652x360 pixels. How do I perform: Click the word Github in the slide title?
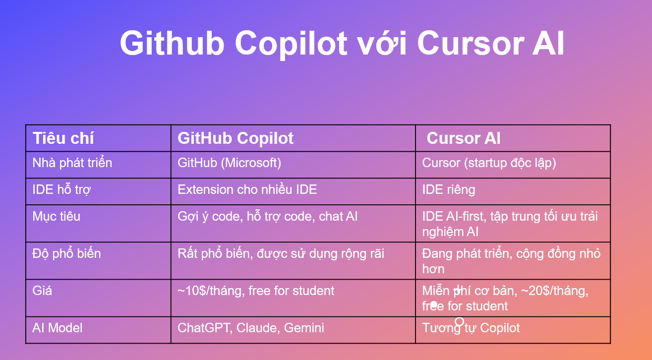click(172, 43)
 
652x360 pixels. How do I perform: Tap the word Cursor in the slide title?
click(471, 43)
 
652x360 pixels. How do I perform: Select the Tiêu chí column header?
click(63, 138)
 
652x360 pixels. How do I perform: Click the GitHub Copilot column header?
click(236, 138)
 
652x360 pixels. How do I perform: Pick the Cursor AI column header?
click(464, 138)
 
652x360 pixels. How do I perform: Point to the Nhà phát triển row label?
click(72, 163)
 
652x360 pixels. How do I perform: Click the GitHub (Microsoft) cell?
click(230, 163)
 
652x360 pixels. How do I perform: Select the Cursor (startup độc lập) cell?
click(489, 163)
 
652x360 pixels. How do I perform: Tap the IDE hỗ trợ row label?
click(61, 189)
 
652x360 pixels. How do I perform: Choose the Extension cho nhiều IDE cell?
click(247, 189)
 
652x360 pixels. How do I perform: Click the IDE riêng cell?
click(449, 190)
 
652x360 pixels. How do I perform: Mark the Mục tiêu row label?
click(56, 217)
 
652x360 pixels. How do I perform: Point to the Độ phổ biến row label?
click(66, 253)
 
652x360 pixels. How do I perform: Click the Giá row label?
click(42, 291)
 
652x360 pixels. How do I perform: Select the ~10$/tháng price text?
click(211, 291)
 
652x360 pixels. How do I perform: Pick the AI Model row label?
click(58, 328)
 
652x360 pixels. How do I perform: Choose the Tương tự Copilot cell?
click(471, 328)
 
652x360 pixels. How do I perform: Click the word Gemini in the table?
click(304, 328)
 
